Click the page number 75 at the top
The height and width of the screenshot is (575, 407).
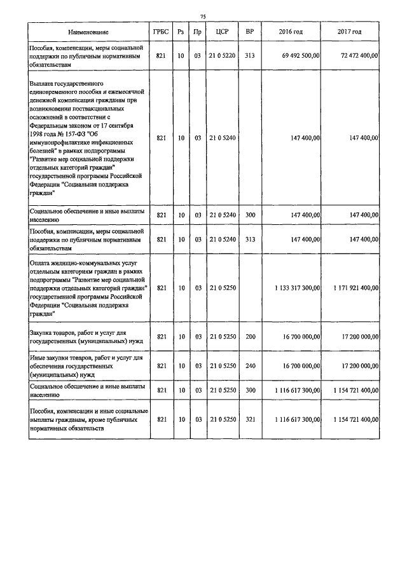pyautogui.click(x=203, y=16)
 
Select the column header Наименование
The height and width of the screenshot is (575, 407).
pyautogui.click(x=88, y=32)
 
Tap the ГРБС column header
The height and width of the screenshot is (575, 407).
pyautogui.click(x=161, y=32)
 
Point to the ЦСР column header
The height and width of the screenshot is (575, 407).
pyautogui.click(x=222, y=32)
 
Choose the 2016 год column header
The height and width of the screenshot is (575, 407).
pyautogui.click(x=290, y=32)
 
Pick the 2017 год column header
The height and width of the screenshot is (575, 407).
pyautogui.click(x=350, y=32)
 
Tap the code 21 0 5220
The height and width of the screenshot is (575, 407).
pyautogui.click(x=223, y=56)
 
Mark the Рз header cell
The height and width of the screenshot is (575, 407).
pyautogui.click(x=181, y=32)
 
